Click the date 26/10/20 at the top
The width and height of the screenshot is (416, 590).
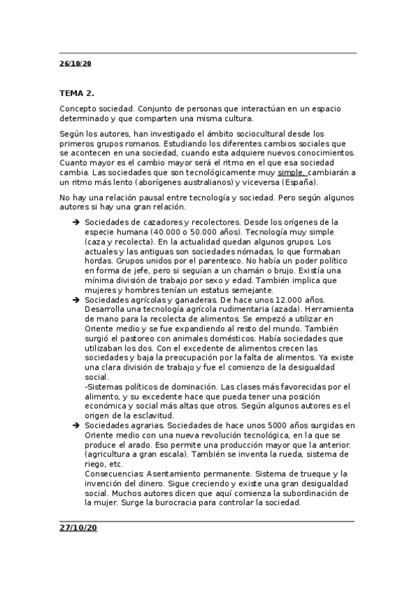(76, 63)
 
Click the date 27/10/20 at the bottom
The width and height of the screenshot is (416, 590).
(78, 528)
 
